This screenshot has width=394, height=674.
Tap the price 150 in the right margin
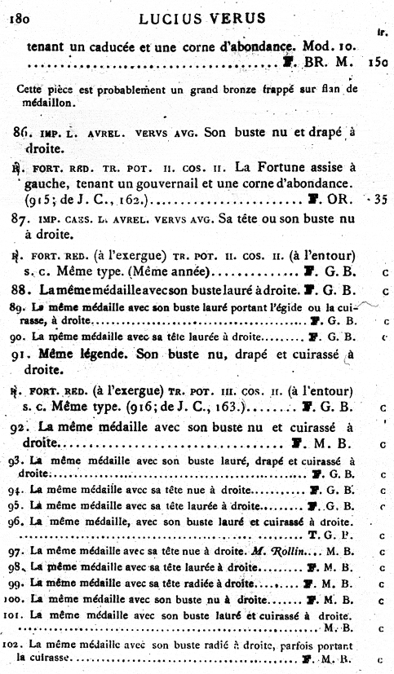pyautogui.click(x=377, y=61)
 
